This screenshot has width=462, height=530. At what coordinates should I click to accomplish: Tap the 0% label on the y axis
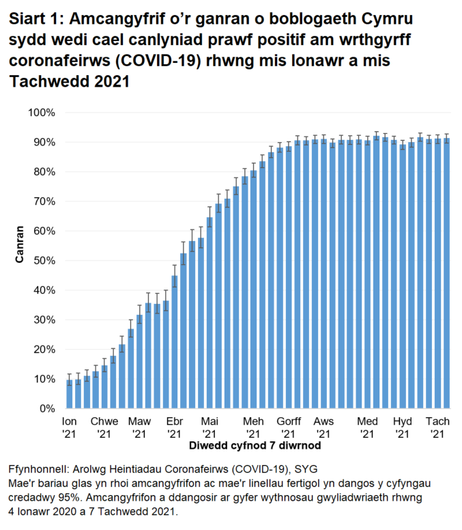[47, 408]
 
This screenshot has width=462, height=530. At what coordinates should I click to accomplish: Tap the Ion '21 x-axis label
[69, 428]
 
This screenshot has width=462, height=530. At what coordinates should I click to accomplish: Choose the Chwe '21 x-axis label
[104, 428]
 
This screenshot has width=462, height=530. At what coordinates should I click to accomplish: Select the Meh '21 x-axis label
[253, 428]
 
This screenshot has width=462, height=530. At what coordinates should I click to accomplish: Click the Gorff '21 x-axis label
[289, 428]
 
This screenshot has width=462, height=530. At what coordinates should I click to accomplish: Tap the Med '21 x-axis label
[367, 428]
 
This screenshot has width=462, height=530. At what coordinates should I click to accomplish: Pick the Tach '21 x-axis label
[437, 428]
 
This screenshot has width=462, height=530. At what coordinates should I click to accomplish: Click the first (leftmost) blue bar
[69, 394]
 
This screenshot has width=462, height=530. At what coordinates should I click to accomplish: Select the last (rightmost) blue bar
[446, 273]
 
